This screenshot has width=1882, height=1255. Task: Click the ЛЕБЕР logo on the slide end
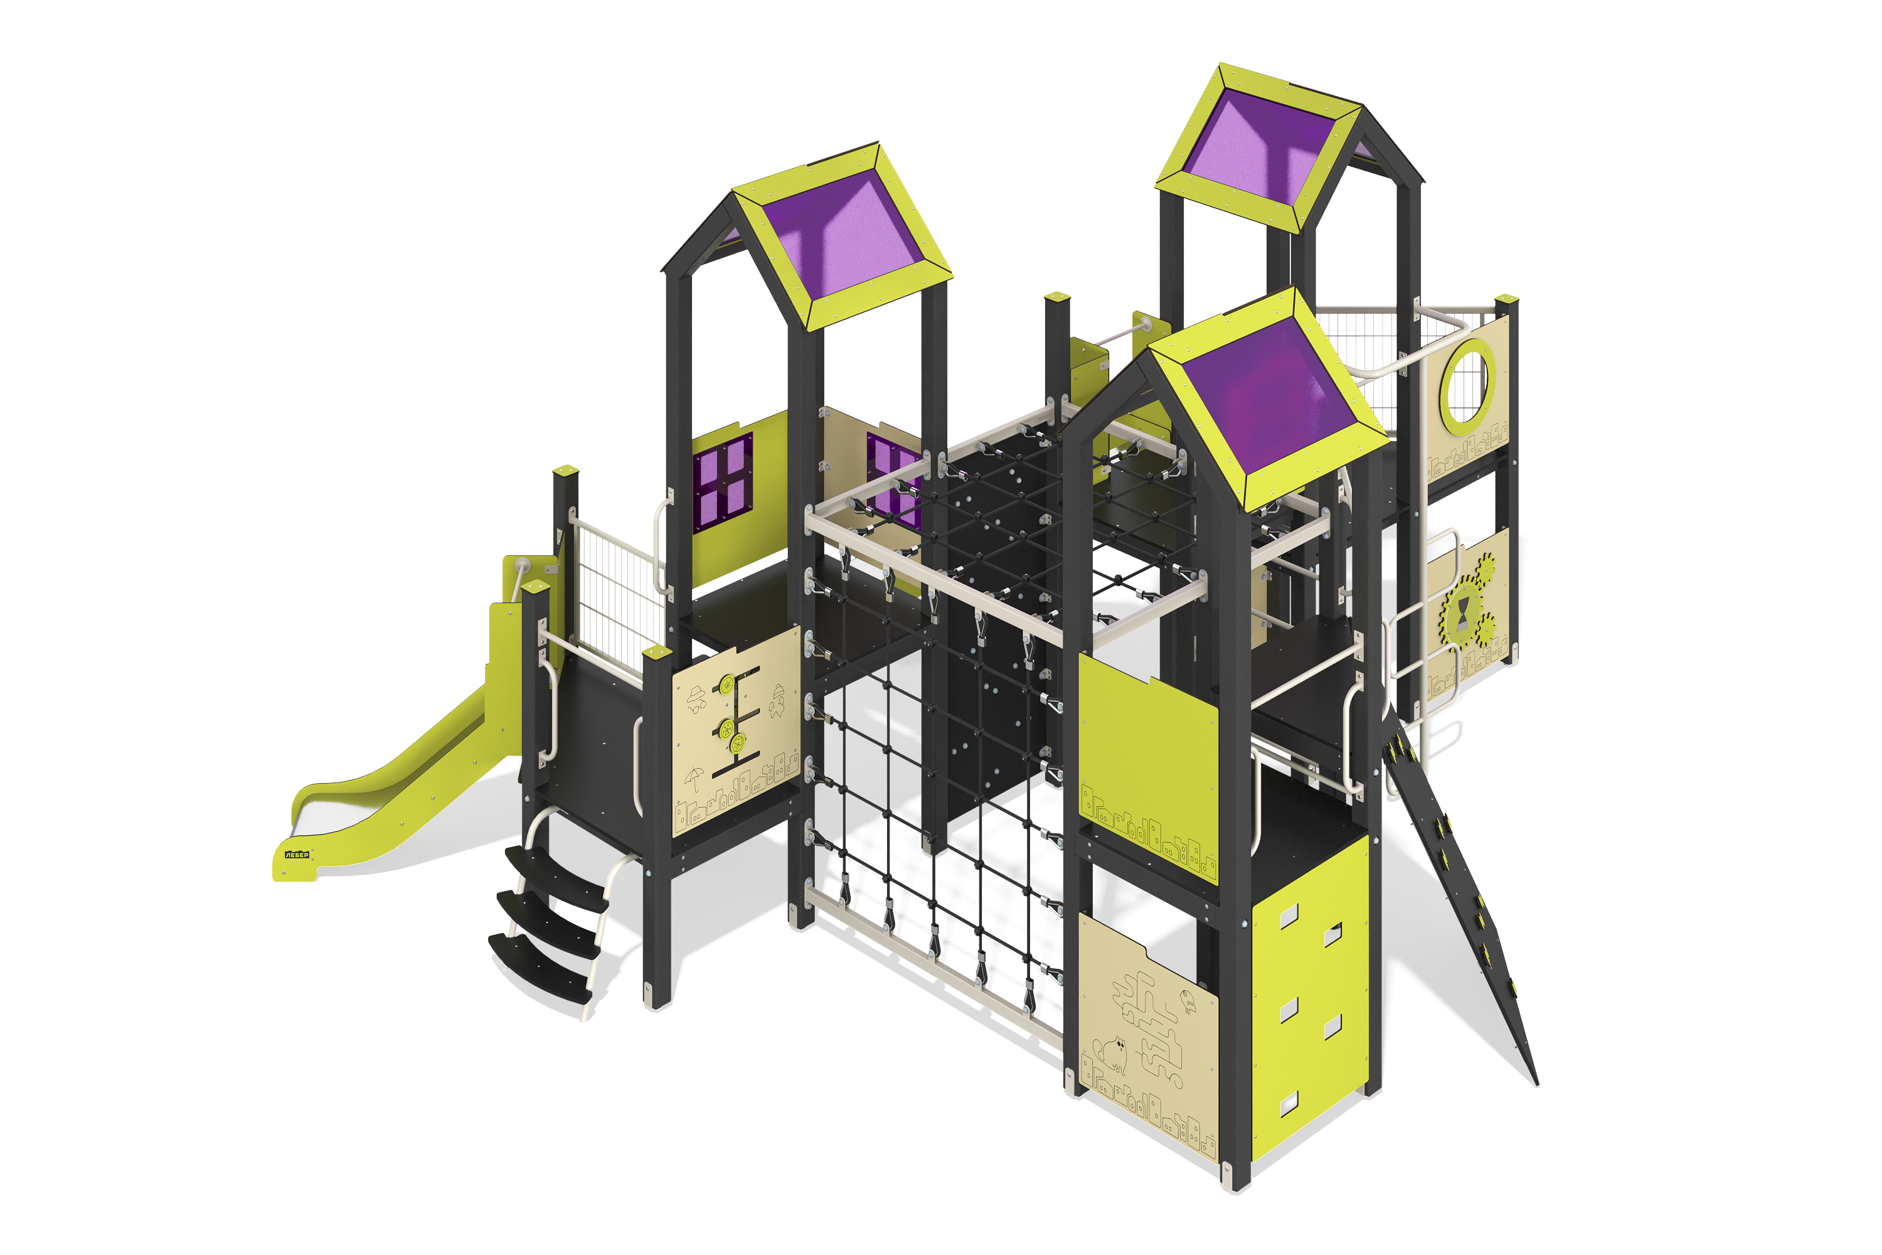pos(297,855)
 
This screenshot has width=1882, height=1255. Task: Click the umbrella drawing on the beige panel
pos(694,777)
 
